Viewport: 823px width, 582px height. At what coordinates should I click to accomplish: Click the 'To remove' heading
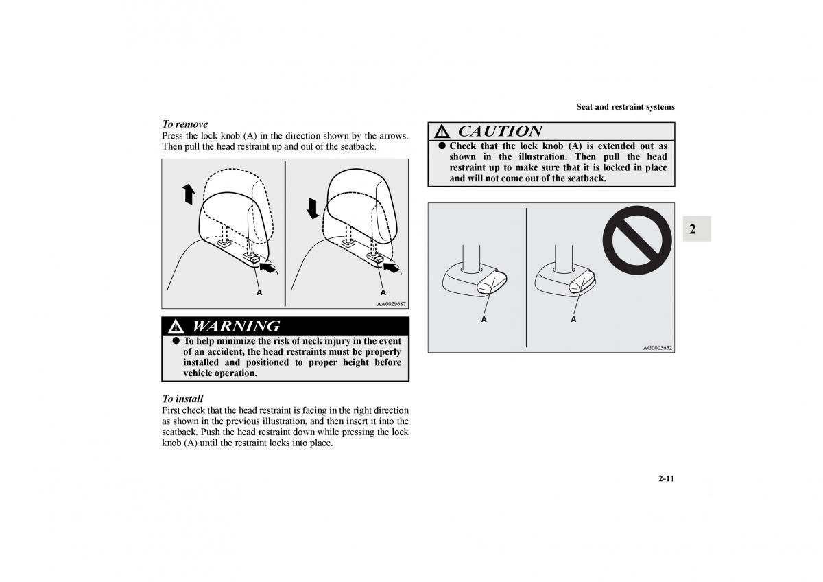(x=184, y=124)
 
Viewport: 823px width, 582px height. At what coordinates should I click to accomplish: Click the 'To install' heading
(x=182, y=399)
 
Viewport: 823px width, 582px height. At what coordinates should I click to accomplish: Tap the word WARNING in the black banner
(x=236, y=326)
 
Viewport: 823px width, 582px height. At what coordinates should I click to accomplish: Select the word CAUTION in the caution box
(x=500, y=131)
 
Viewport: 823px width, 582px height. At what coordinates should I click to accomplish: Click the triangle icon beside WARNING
(x=176, y=327)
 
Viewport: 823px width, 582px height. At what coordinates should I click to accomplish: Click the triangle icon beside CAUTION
(x=442, y=132)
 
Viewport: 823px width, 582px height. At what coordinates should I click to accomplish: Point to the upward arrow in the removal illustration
(x=189, y=194)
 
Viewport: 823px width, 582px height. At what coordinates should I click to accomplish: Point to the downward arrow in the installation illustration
(x=312, y=208)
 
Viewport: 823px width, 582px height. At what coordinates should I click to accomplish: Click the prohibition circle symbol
(x=637, y=240)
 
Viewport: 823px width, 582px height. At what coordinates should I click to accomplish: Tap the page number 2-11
(x=667, y=478)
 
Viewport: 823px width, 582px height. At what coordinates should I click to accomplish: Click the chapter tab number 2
(x=693, y=229)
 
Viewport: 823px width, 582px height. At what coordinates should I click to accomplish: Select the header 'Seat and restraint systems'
(x=625, y=107)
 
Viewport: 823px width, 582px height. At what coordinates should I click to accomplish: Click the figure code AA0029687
(x=392, y=304)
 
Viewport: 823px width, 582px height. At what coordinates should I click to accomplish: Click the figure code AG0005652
(x=657, y=348)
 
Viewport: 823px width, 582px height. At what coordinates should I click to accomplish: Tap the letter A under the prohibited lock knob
(x=573, y=320)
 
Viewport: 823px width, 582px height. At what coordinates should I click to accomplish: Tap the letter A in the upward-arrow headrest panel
(x=259, y=292)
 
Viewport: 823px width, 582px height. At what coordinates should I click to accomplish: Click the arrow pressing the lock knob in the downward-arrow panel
(x=392, y=267)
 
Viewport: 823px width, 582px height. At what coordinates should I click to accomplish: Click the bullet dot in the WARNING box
(x=176, y=341)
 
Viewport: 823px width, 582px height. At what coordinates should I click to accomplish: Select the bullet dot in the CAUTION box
(x=442, y=145)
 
